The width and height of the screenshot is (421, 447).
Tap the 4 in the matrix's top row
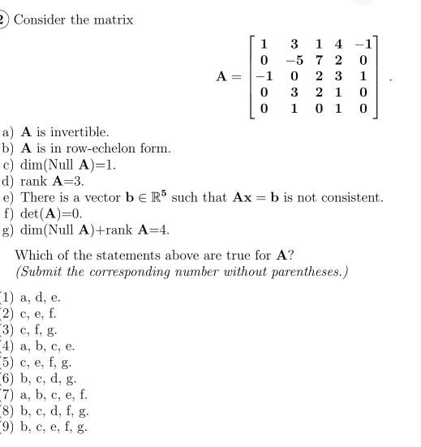339,42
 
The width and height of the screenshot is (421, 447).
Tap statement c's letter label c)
8,165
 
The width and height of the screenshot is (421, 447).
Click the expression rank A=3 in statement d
56,181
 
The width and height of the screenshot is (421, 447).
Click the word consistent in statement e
350,197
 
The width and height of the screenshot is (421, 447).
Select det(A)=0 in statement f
50,214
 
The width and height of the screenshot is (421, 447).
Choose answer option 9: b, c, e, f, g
53,428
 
